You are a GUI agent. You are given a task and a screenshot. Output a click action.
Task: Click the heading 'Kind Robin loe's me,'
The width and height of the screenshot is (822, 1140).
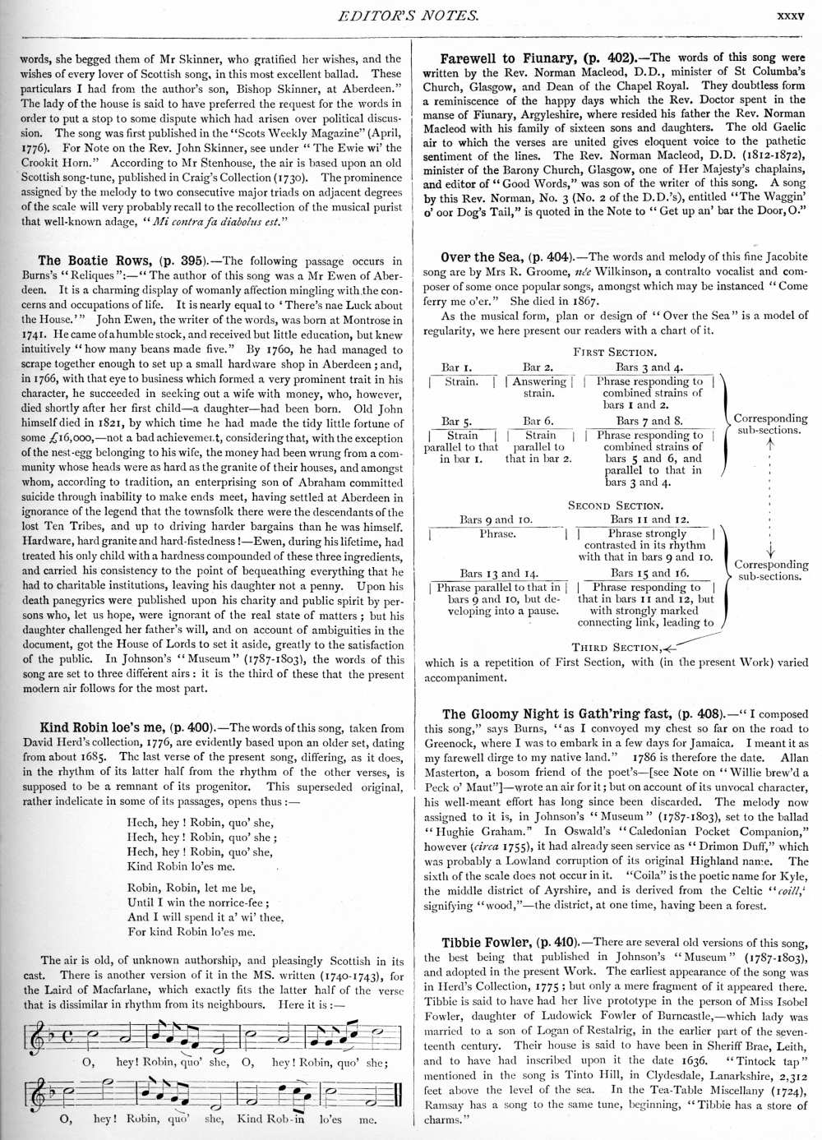tap(103, 727)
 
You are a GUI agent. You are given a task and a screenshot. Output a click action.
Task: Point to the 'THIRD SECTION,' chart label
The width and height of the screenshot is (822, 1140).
tap(615, 648)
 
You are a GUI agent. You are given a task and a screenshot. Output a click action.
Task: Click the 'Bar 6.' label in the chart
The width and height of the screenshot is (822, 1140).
tap(538, 421)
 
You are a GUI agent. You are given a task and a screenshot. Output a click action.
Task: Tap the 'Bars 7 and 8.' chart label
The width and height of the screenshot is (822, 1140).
tap(649, 421)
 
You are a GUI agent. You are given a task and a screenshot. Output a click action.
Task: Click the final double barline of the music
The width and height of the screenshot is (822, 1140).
tap(398, 1094)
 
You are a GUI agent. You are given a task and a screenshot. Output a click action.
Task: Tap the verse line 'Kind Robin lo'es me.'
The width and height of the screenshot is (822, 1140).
tap(181, 866)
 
